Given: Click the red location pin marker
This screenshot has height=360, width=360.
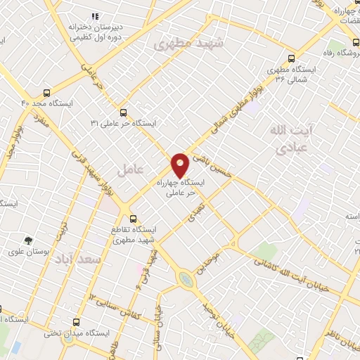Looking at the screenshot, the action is (x=180, y=165).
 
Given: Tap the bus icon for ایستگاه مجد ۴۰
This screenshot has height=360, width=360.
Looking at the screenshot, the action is (x=47, y=92).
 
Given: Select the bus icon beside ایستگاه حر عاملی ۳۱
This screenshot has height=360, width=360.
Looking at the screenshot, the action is (x=124, y=112).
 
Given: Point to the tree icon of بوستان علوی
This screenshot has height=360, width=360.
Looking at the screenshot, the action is (x=28, y=240).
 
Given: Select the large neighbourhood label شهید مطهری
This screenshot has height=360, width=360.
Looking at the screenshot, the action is (x=188, y=44).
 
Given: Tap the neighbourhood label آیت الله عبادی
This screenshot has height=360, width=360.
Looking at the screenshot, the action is (x=290, y=139).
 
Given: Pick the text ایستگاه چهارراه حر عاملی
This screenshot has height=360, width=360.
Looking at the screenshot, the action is (x=182, y=186).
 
